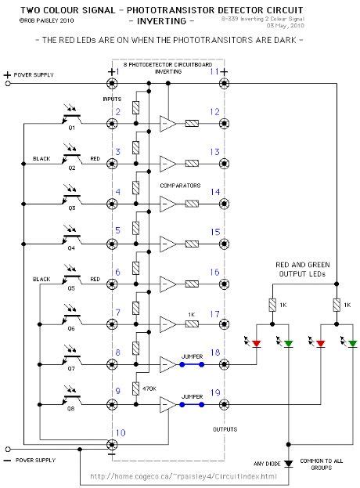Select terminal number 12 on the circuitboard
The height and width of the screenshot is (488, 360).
tap(214, 112)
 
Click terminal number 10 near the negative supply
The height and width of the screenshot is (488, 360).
tap(119, 432)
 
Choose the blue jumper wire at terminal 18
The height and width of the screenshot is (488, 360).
tap(191, 364)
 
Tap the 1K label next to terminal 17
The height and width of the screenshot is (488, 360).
tap(190, 314)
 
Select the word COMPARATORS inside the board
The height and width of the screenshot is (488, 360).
tap(181, 186)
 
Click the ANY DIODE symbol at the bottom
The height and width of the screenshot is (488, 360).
tap(290, 465)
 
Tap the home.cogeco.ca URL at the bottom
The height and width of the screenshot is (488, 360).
tap(184, 475)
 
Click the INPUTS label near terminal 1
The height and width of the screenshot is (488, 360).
tap(113, 100)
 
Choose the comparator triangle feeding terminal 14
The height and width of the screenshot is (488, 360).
tap(167, 204)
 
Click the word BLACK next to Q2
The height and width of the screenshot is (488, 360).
tap(42, 158)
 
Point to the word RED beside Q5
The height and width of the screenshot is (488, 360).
tap(94, 278)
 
